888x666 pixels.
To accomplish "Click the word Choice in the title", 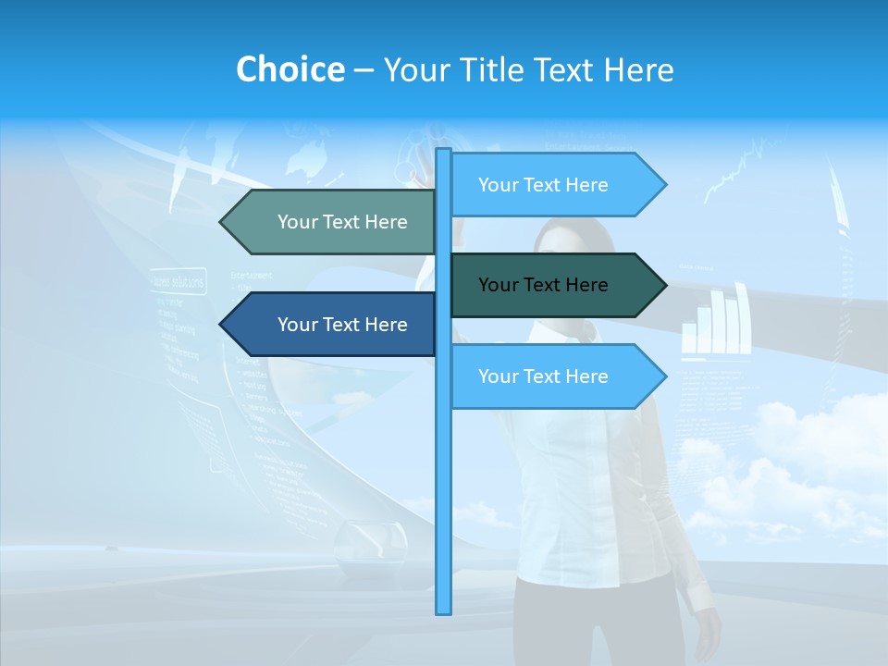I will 290,70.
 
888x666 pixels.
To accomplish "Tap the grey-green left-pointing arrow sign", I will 333,222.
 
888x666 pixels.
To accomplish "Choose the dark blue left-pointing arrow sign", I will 333,325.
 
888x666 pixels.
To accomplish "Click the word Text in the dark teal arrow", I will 545,285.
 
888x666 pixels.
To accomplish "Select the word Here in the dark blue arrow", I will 386,325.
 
